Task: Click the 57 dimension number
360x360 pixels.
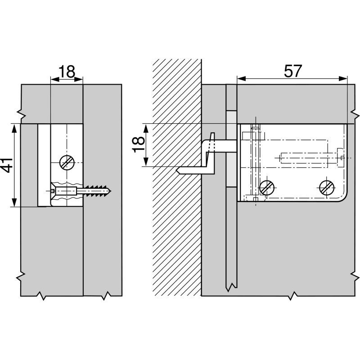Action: click(293, 71)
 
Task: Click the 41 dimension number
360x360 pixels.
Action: click(7, 165)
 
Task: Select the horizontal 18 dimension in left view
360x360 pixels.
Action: click(67, 72)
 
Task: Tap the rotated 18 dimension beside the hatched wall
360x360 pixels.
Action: click(139, 144)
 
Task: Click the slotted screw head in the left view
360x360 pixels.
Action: click(67, 163)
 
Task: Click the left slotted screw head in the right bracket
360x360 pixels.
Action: click(267, 188)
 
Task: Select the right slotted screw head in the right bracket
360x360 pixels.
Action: click(327, 188)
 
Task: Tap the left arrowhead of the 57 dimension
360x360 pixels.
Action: click(241, 79)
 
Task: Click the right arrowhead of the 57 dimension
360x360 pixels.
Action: click(343, 79)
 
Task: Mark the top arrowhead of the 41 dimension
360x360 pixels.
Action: click(14, 129)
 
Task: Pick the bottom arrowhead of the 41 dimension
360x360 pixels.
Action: click(14, 202)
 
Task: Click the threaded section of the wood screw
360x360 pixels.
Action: click(96, 191)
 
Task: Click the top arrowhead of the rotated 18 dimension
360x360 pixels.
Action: click(146, 128)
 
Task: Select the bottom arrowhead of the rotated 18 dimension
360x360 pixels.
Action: click(146, 162)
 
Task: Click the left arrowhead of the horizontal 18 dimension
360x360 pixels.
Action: click(55, 80)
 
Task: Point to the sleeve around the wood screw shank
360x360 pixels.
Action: click(66, 191)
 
